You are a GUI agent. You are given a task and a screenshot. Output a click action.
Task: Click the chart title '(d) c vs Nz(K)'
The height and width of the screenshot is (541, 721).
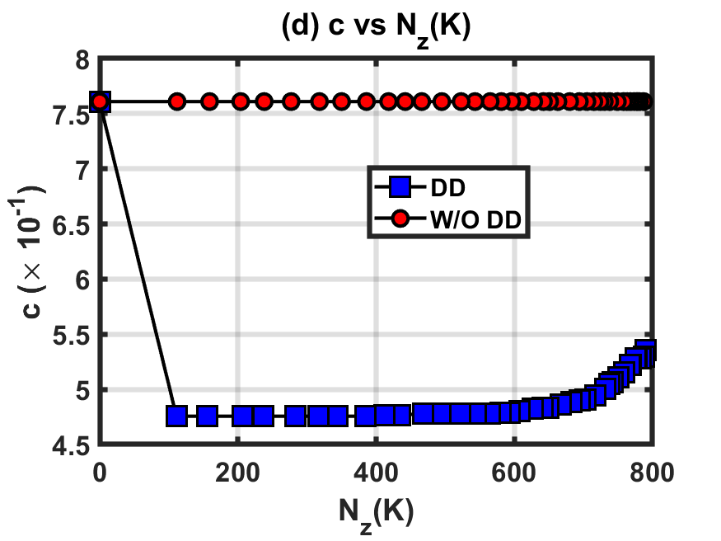coord(376,27)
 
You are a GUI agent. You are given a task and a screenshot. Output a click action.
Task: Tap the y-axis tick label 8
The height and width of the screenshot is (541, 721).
coord(82,60)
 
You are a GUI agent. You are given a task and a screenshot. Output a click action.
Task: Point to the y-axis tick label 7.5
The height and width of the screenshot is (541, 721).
coord(71,115)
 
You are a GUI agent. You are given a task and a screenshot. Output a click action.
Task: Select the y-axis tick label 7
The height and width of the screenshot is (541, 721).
coord(82,171)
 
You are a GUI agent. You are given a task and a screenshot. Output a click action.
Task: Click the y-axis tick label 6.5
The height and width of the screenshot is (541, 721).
coord(71,226)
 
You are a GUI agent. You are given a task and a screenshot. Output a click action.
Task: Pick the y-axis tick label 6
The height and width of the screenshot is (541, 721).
coord(82,280)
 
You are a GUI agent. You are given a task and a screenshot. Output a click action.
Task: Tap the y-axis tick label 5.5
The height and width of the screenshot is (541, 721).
coord(71,336)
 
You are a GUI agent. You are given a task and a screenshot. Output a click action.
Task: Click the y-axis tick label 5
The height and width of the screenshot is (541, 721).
coord(82,391)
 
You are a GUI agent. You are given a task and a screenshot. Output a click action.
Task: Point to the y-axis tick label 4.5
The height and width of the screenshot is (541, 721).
coord(71,446)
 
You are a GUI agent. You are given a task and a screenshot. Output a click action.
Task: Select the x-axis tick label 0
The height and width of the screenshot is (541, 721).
coord(100,473)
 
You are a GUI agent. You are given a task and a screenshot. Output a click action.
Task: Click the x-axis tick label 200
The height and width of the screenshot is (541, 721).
coord(238,473)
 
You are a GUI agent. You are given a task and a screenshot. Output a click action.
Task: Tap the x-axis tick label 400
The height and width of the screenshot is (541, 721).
coord(376,473)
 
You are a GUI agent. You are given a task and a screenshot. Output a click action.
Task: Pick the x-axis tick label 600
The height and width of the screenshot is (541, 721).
coord(513,473)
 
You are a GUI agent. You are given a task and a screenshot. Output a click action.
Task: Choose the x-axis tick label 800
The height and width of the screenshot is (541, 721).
coord(652,473)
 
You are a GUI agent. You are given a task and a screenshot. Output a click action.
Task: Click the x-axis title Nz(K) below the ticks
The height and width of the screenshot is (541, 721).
coord(376,514)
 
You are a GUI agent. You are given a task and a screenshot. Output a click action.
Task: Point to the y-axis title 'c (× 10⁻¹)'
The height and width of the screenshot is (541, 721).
coord(30,252)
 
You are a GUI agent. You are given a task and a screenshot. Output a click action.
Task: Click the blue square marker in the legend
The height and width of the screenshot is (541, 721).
coord(400,186)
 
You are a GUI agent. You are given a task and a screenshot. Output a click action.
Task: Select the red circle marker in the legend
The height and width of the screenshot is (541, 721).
coord(400,219)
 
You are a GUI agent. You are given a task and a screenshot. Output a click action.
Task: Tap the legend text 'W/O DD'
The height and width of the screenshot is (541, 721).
coord(476,220)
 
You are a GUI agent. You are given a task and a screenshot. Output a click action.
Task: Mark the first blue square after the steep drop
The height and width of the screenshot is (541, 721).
coord(176,416)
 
